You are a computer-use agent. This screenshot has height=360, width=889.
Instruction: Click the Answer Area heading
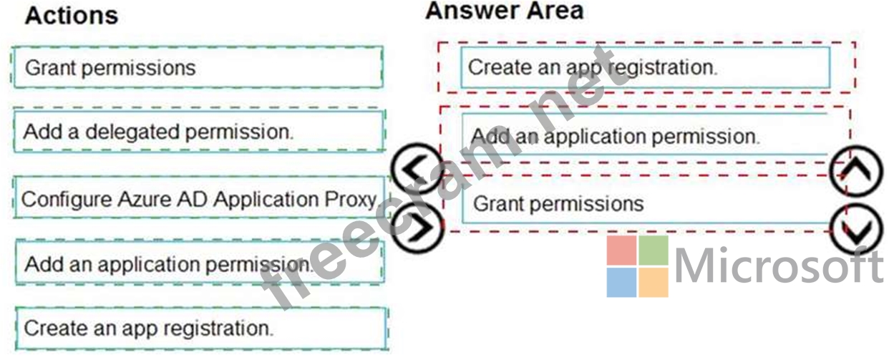tap(504, 11)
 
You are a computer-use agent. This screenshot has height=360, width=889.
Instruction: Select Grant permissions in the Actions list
tap(198, 68)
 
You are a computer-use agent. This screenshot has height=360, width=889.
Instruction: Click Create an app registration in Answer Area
tap(644, 67)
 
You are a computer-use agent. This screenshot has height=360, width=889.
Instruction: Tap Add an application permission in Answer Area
tap(644, 135)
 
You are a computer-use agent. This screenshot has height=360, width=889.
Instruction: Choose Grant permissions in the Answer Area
tap(644, 203)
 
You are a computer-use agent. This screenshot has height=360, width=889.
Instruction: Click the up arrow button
tap(856, 171)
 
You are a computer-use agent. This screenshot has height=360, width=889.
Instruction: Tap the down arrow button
tap(856, 230)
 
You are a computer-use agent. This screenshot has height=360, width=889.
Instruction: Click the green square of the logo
tap(653, 250)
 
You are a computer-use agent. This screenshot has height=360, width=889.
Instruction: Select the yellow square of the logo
tap(653, 283)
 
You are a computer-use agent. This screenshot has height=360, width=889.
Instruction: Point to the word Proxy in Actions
tap(349, 199)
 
